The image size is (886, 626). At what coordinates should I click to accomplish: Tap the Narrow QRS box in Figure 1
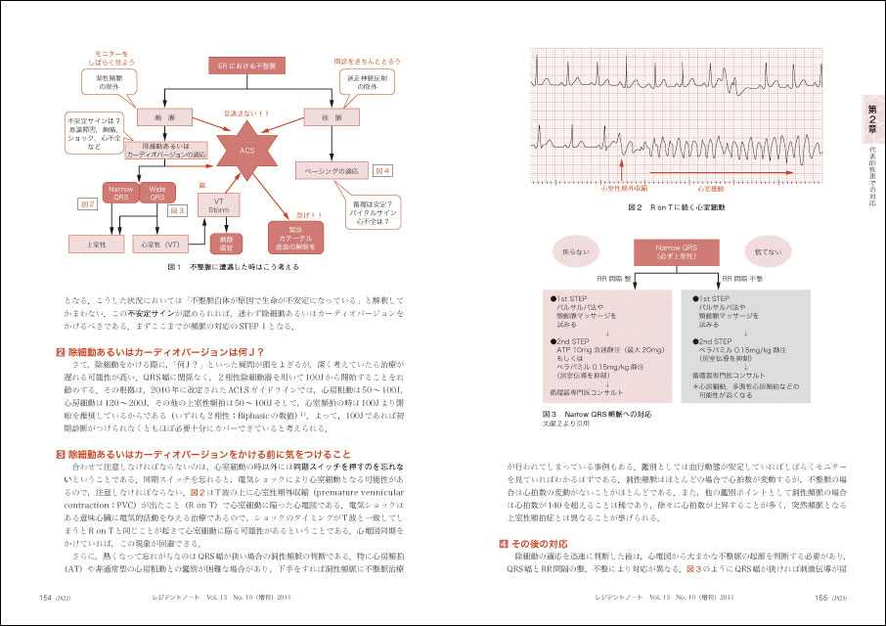(122, 193)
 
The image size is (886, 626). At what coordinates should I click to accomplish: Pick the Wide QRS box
(158, 193)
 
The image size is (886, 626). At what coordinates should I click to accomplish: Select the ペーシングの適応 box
(333, 171)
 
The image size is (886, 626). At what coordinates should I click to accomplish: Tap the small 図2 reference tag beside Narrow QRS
(86, 205)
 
